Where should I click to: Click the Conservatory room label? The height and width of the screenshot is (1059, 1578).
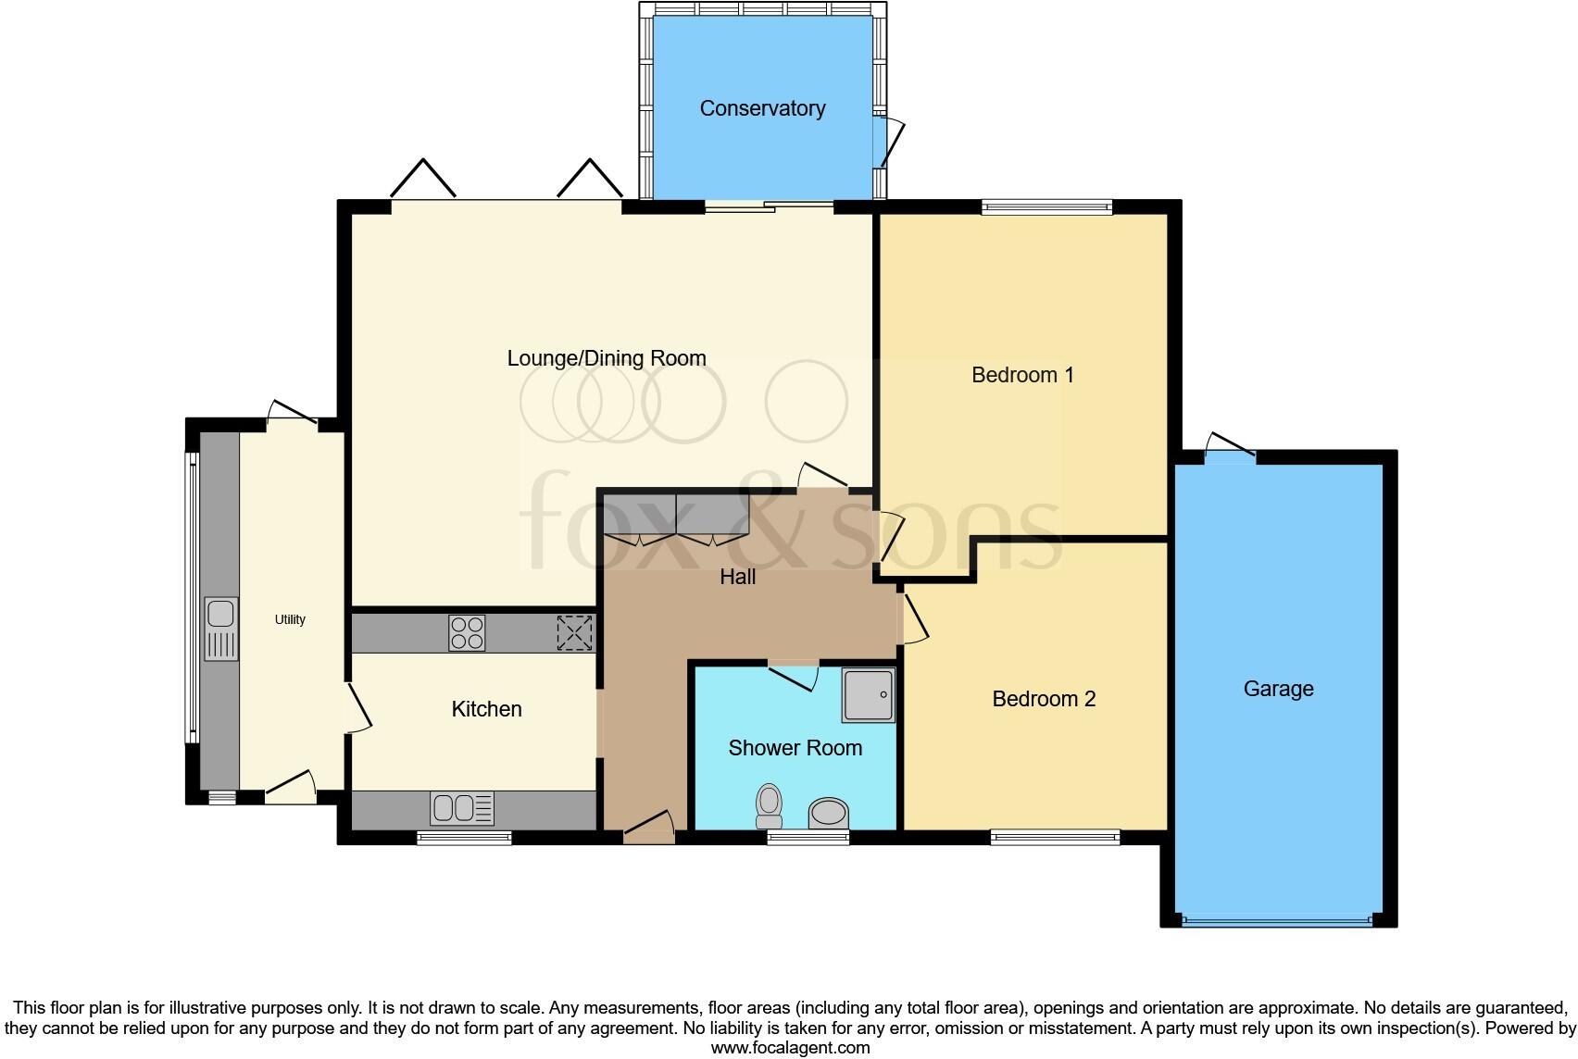coord(762,108)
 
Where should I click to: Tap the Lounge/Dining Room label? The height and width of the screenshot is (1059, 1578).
coord(607,358)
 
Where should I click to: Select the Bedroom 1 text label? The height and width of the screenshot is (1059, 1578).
coord(1022,375)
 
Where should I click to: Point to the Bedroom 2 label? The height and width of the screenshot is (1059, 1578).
coord(1044,699)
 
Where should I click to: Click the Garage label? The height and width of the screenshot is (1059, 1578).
coord(1278,689)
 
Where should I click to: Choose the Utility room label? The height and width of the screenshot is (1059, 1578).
coord(290,619)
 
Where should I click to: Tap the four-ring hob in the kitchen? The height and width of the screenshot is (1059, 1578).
coord(466,633)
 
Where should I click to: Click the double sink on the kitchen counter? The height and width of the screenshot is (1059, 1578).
coord(462,808)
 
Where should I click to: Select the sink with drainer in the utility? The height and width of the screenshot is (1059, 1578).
coord(221,629)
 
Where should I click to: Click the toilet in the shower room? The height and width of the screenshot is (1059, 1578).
coord(769,806)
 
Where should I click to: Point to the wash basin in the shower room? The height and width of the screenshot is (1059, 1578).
coord(829,814)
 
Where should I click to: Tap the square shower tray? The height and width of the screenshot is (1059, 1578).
coord(869,694)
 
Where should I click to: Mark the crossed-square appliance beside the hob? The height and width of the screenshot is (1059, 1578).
coord(574,633)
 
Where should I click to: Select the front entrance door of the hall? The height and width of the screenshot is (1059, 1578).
coord(648,828)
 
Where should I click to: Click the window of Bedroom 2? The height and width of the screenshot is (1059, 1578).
coord(1055,838)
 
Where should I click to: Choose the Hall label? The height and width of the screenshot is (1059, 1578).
coord(738,577)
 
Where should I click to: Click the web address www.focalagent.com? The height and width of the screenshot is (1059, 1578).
coord(790,1048)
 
